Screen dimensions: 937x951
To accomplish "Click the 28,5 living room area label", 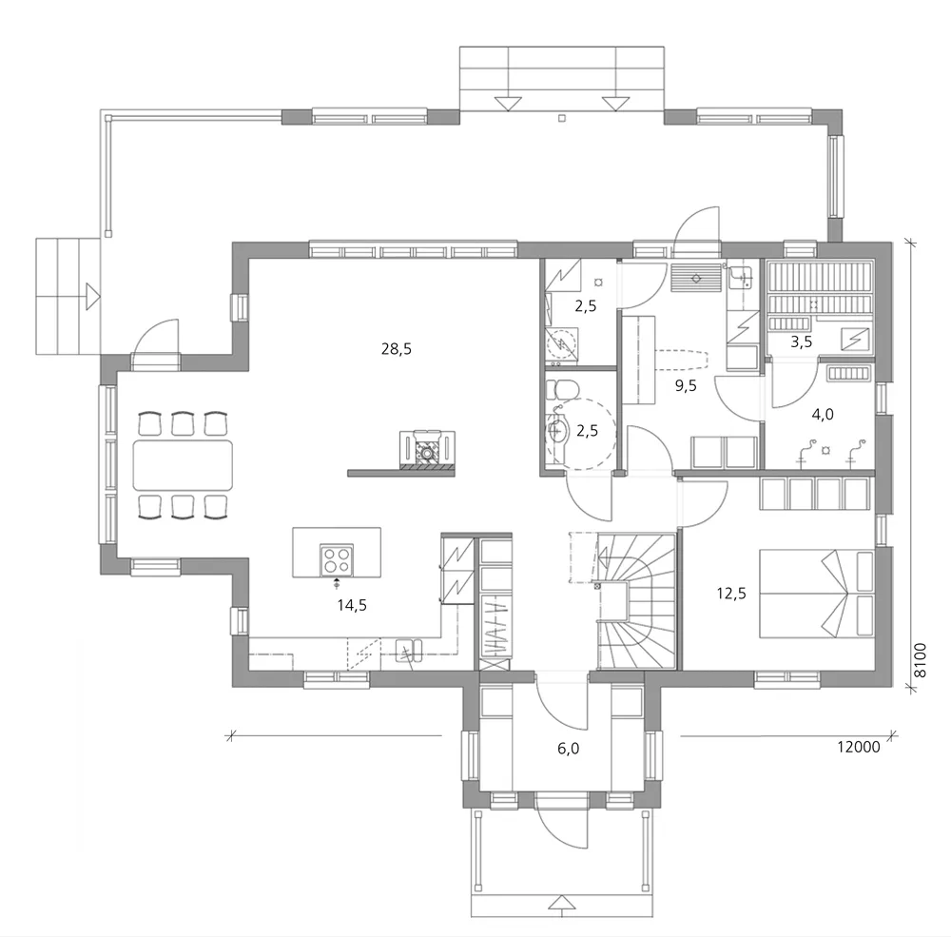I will point(396,349).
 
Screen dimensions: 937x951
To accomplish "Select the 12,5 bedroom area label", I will point(730,595).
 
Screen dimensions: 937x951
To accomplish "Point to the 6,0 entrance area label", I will point(569,749).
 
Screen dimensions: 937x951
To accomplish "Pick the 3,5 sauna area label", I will point(802,340).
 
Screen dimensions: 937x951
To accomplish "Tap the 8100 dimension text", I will point(919,658).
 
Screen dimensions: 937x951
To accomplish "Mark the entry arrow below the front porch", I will point(564,904).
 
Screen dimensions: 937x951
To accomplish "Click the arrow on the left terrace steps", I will point(91,296).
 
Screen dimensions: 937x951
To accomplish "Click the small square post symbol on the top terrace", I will point(562,119).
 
